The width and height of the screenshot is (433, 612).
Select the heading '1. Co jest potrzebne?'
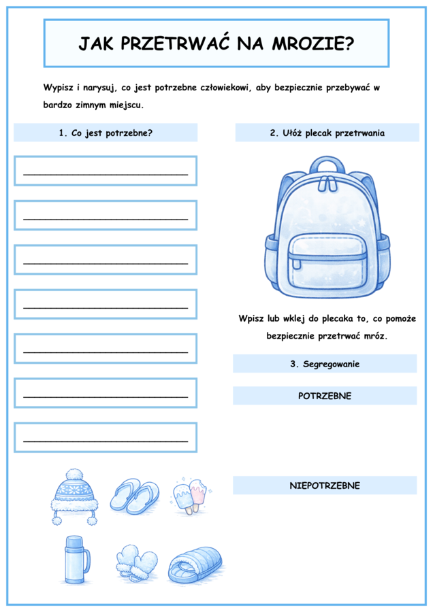pyautogui.click(x=106, y=133)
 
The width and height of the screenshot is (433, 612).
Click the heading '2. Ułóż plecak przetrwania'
pyautogui.click(x=327, y=133)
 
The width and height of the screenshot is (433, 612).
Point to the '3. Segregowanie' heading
pyautogui.click(x=325, y=364)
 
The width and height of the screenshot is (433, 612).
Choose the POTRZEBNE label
pyautogui.click(x=325, y=396)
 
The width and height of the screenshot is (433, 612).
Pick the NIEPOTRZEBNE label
pyautogui.click(x=325, y=486)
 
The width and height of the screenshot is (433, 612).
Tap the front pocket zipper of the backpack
pyautogui.click(x=327, y=256)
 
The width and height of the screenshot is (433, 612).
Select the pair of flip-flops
pyautogui.click(x=134, y=495)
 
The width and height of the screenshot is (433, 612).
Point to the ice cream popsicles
pyautogui.click(x=189, y=495)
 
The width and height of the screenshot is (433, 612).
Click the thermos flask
pyautogui.click(x=74, y=559)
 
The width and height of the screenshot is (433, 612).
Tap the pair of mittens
pyautogui.click(x=136, y=563)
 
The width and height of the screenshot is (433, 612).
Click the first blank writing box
pyautogui.click(x=106, y=171)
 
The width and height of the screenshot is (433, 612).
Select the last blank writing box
pyautogui.click(x=106, y=437)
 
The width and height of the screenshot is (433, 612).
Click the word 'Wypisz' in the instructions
pyautogui.click(x=58, y=88)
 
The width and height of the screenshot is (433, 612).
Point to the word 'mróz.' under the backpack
pyautogui.click(x=383, y=336)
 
